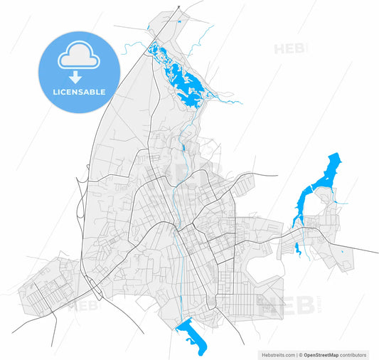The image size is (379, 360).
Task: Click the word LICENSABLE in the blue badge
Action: tap(79, 92)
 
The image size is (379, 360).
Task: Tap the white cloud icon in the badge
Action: tap(79, 56)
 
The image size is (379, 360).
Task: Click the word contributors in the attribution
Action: tap(356, 354)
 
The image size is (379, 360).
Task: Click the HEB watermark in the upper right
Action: tap(291, 48)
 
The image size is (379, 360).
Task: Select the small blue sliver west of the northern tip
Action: tap(148, 28)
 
